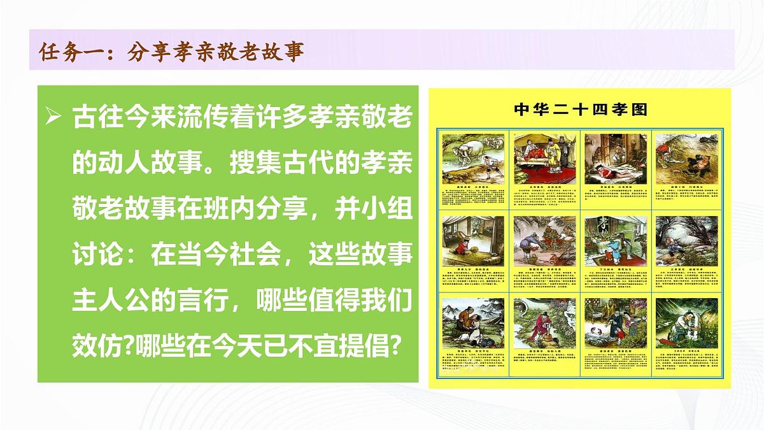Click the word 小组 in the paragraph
(390, 210)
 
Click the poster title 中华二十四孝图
(580, 110)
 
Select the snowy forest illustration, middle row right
(686, 239)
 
